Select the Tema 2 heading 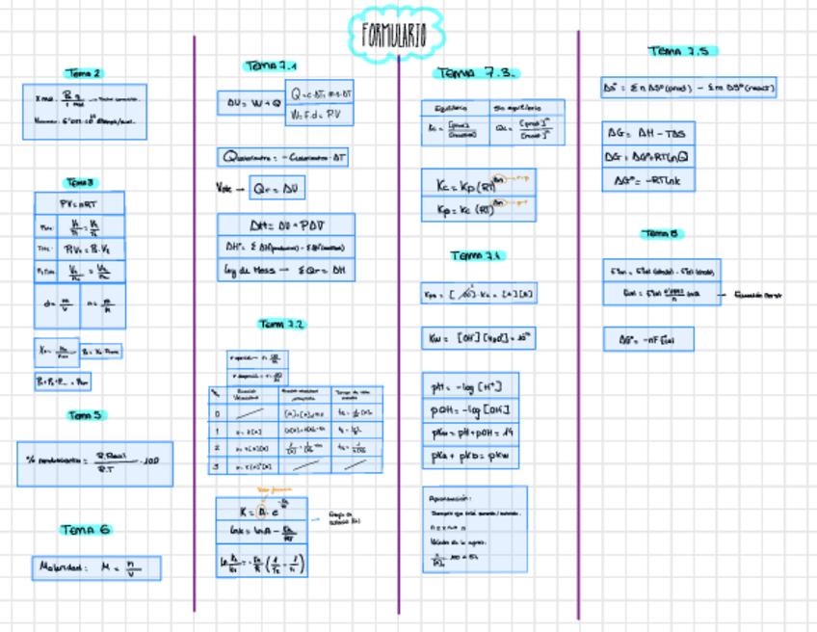pyautogui.click(x=83, y=72)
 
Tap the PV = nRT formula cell pyautogui.click(x=79, y=203)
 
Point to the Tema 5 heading pyautogui.click(x=85, y=415)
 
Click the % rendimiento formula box pyautogui.click(x=94, y=462)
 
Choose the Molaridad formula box pyautogui.click(x=95, y=567)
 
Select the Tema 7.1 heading pyautogui.click(x=271, y=66)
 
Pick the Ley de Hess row pyautogui.click(x=285, y=271)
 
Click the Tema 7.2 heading pyautogui.click(x=280, y=324)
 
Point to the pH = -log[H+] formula pyautogui.click(x=470, y=387)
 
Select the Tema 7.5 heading pyautogui.click(x=683, y=51)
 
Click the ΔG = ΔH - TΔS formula pyautogui.click(x=648, y=133)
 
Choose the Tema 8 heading pyautogui.click(x=662, y=233)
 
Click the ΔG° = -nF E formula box pyautogui.click(x=648, y=339)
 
